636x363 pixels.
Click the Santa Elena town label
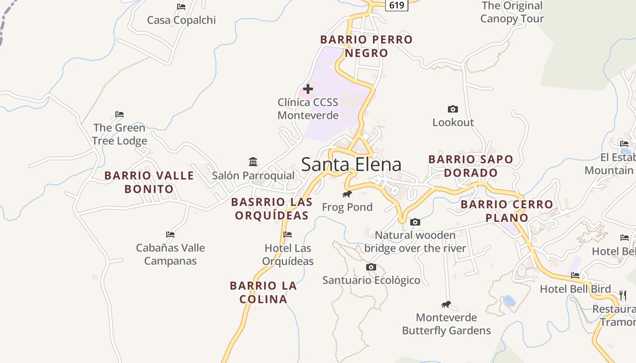(351, 164)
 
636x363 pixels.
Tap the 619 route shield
(397, 5)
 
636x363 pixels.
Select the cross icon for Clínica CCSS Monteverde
(308, 88)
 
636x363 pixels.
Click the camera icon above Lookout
(452, 109)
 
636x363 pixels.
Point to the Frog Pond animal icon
(347, 194)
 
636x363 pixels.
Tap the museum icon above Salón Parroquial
(253, 162)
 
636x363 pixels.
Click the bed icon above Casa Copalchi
(181, 6)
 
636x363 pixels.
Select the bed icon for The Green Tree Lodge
(119, 114)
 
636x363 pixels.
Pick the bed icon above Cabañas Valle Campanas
(170, 235)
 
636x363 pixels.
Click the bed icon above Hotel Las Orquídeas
(288, 235)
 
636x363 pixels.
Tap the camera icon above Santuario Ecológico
(371, 267)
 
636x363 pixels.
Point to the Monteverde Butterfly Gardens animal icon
(446, 304)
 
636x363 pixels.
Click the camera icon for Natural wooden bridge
(415, 222)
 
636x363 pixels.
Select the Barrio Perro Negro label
(367, 46)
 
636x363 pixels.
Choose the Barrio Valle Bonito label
(149, 182)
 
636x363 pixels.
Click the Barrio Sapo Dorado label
(471, 166)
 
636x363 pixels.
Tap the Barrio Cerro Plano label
(507, 211)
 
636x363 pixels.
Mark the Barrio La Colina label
(263, 292)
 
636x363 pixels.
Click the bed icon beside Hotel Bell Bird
(575, 275)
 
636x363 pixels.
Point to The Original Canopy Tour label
(512, 12)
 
